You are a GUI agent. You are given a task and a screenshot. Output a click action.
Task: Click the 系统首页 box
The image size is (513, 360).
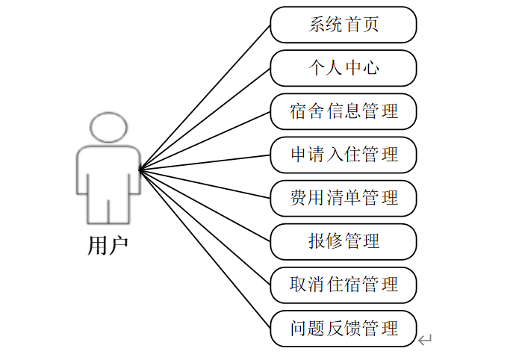[343, 25]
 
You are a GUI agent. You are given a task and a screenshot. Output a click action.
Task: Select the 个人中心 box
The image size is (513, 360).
[343, 68]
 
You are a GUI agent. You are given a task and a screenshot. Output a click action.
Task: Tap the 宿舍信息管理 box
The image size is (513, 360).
[343, 111]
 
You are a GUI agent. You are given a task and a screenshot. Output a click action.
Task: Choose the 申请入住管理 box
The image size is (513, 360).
[343, 155]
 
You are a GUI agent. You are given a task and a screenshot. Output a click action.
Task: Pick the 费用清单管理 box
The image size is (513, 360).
[343, 198]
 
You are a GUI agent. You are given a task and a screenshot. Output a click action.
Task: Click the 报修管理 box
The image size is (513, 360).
[343, 241]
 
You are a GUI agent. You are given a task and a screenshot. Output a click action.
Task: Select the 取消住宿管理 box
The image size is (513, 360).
[343, 285]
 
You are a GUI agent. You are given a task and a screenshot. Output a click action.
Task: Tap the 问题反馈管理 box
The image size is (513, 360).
[343, 328]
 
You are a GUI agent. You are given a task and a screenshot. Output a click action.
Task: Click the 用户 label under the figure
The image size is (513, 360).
[108, 244]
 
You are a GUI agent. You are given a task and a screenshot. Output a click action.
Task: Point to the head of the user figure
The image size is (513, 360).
[108, 128]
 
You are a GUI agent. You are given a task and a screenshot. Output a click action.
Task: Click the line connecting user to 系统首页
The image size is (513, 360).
[205, 97]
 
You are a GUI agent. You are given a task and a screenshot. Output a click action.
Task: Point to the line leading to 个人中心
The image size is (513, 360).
[205, 119]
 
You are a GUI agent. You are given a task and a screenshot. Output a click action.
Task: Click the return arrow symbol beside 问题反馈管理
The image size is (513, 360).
[425, 341]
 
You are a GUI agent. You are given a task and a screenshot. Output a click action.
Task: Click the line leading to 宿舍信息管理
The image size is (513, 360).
[205, 140]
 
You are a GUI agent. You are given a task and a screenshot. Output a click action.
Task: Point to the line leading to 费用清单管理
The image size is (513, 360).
[205, 184]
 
